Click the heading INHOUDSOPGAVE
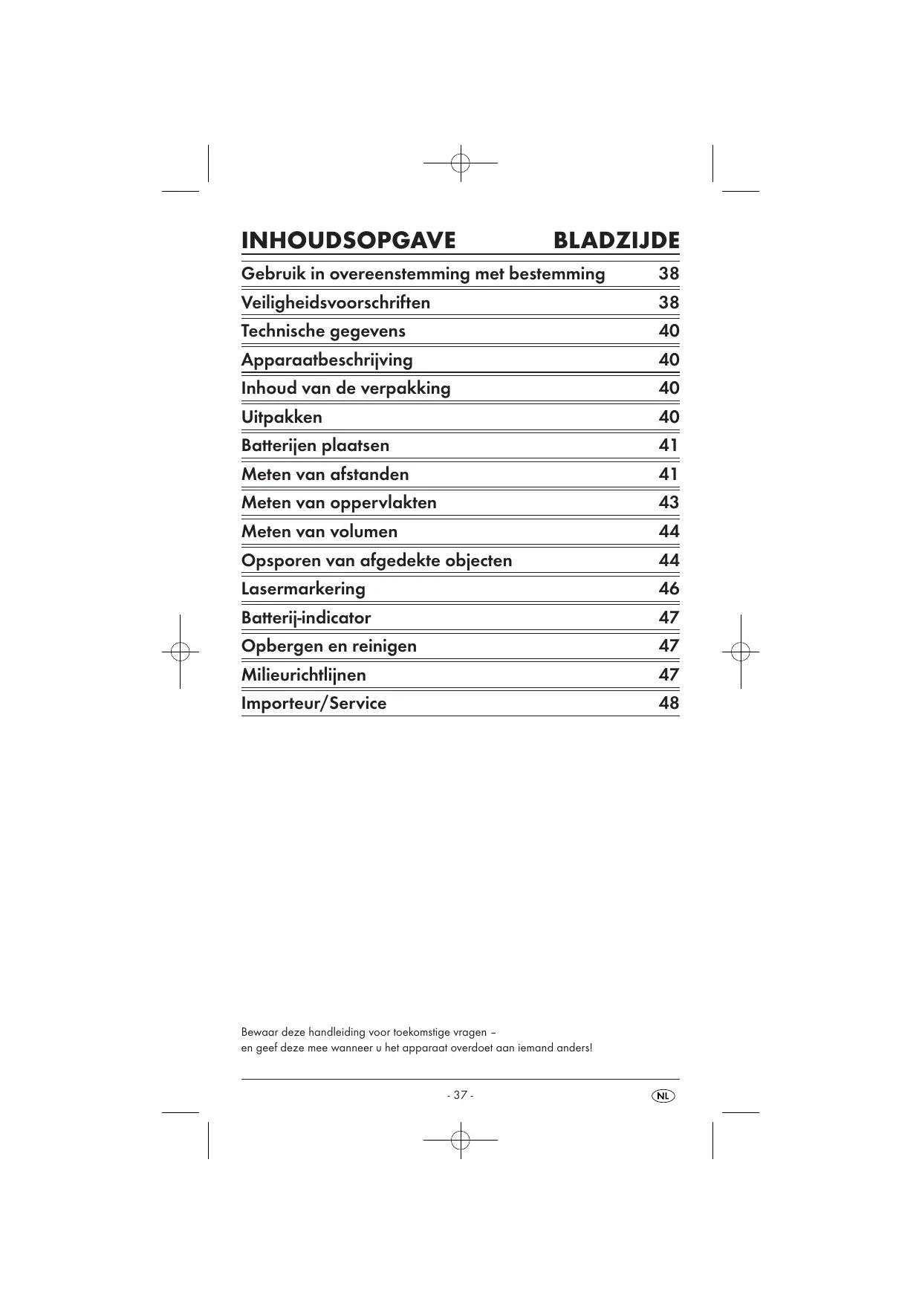(x=348, y=241)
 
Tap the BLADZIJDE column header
(x=617, y=241)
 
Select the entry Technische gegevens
(x=323, y=331)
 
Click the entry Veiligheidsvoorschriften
(x=336, y=302)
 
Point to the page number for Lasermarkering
(x=669, y=588)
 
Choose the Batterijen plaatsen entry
(x=315, y=445)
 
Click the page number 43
(x=669, y=502)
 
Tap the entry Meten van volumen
(x=319, y=531)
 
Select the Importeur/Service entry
(x=314, y=703)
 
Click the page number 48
(x=669, y=703)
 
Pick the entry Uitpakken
(x=282, y=417)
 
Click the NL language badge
(x=663, y=1096)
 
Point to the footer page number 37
(x=461, y=1095)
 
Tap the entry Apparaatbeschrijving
(x=327, y=360)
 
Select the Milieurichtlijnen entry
(x=303, y=675)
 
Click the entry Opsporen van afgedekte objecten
(x=377, y=560)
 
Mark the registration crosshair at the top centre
(x=461, y=162)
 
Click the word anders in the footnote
(x=573, y=1048)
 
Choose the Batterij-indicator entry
(x=306, y=617)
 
